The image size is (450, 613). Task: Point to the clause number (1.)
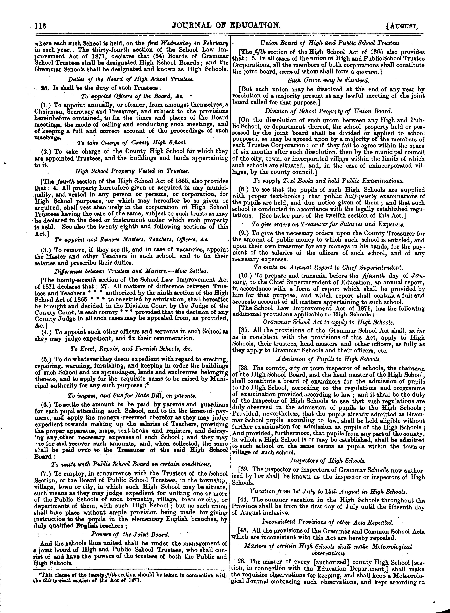pos(48,105)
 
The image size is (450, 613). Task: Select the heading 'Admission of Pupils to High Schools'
pos(328,359)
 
